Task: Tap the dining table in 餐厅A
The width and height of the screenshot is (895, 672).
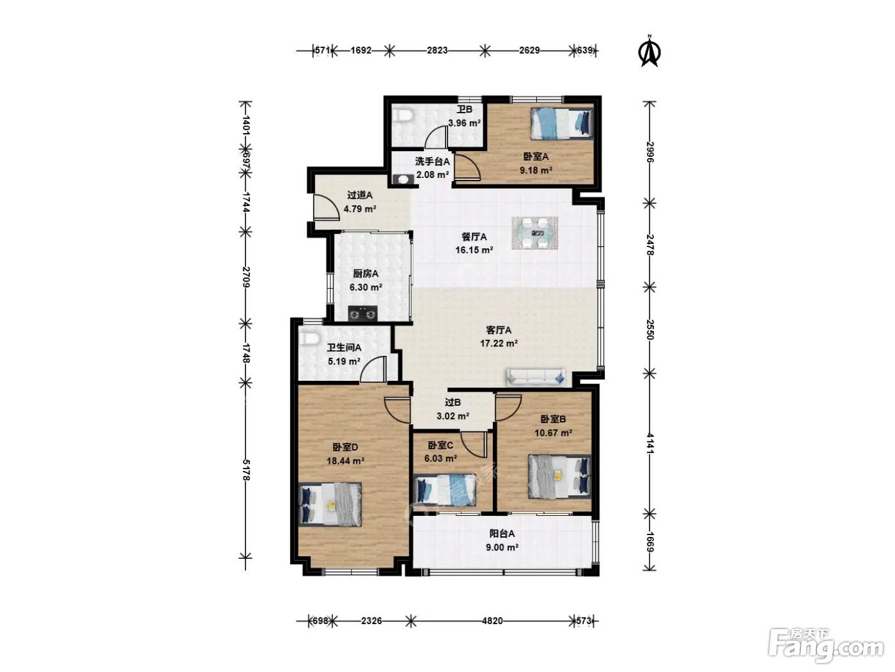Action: click(x=534, y=232)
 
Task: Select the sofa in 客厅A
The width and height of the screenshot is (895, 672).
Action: click(x=536, y=377)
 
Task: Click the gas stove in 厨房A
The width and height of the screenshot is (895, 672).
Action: click(x=362, y=314)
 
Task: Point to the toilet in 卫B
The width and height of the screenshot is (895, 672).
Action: click(x=403, y=115)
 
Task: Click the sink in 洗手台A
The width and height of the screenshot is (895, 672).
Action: click(x=403, y=179)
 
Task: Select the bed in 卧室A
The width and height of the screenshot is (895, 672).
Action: click(x=561, y=123)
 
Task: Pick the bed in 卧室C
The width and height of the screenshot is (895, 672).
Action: click(x=444, y=491)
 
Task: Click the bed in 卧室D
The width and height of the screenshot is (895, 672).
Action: click(x=330, y=504)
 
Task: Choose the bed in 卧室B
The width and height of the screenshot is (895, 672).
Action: click(x=559, y=477)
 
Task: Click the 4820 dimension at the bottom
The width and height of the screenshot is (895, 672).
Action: click(x=492, y=621)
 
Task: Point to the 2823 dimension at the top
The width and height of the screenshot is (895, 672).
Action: click(x=437, y=50)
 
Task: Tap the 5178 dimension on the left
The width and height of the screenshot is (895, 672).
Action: click(x=246, y=470)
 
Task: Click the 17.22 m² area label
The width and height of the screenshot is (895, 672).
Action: click(x=499, y=344)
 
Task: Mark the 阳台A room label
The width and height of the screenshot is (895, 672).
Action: click(x=502, y=534)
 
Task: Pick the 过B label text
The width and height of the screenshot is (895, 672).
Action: click(x=453, y=403)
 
